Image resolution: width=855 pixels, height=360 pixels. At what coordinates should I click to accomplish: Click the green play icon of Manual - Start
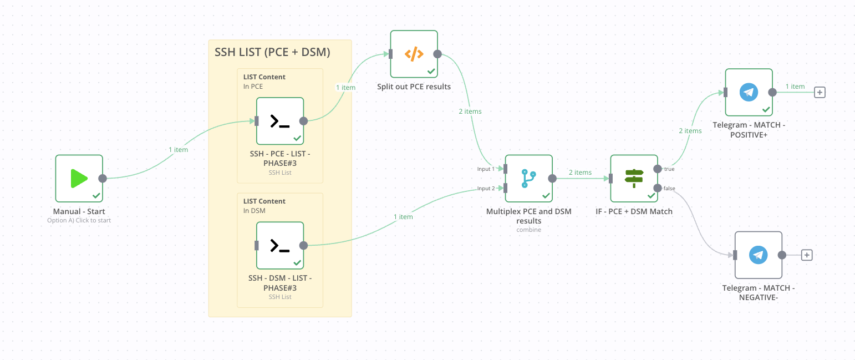click(79, 179)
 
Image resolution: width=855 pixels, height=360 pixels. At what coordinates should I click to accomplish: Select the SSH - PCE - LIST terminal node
click(280, 121)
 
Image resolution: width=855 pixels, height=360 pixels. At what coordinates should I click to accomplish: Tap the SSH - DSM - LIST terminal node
click(280, 245)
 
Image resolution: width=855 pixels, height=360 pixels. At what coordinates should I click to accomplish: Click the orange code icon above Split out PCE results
click(414, 54)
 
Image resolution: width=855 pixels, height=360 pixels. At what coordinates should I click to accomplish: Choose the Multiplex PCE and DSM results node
click(528, 178)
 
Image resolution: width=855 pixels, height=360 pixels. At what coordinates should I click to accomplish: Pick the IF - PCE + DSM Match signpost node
click(634, 178)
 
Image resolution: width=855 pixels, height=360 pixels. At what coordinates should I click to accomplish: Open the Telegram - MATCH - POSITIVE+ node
click(749, 92)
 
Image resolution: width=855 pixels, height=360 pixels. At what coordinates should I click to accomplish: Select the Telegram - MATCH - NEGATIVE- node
click(758, 255)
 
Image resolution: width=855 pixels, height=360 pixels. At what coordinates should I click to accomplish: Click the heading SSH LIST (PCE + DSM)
click(272, 53)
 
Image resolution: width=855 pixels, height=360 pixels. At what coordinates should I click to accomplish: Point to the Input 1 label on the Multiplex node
click(486, 169)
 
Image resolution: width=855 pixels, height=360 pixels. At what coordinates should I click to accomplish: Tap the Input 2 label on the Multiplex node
click(486, 189)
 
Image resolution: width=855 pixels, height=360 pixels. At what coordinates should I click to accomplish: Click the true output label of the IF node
click(669, 169)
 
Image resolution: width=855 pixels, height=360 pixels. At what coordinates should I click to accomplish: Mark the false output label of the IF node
click(670, 189)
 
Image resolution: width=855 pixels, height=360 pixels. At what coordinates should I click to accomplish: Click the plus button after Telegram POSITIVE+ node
click(820, 92)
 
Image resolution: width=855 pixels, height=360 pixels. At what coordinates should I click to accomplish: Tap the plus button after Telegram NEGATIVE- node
click(807, 255)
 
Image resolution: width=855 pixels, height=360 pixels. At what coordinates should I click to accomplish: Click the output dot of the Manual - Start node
click(103, 179)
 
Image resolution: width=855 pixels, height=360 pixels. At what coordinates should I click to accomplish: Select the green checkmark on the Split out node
click(431, 72)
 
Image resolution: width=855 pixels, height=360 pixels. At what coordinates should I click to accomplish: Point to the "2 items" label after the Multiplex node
click(579, 173)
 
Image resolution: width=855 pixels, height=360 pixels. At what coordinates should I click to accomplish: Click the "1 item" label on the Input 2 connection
click(403, 217)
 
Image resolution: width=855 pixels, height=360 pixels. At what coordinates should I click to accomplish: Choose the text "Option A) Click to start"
click(79, 220)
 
